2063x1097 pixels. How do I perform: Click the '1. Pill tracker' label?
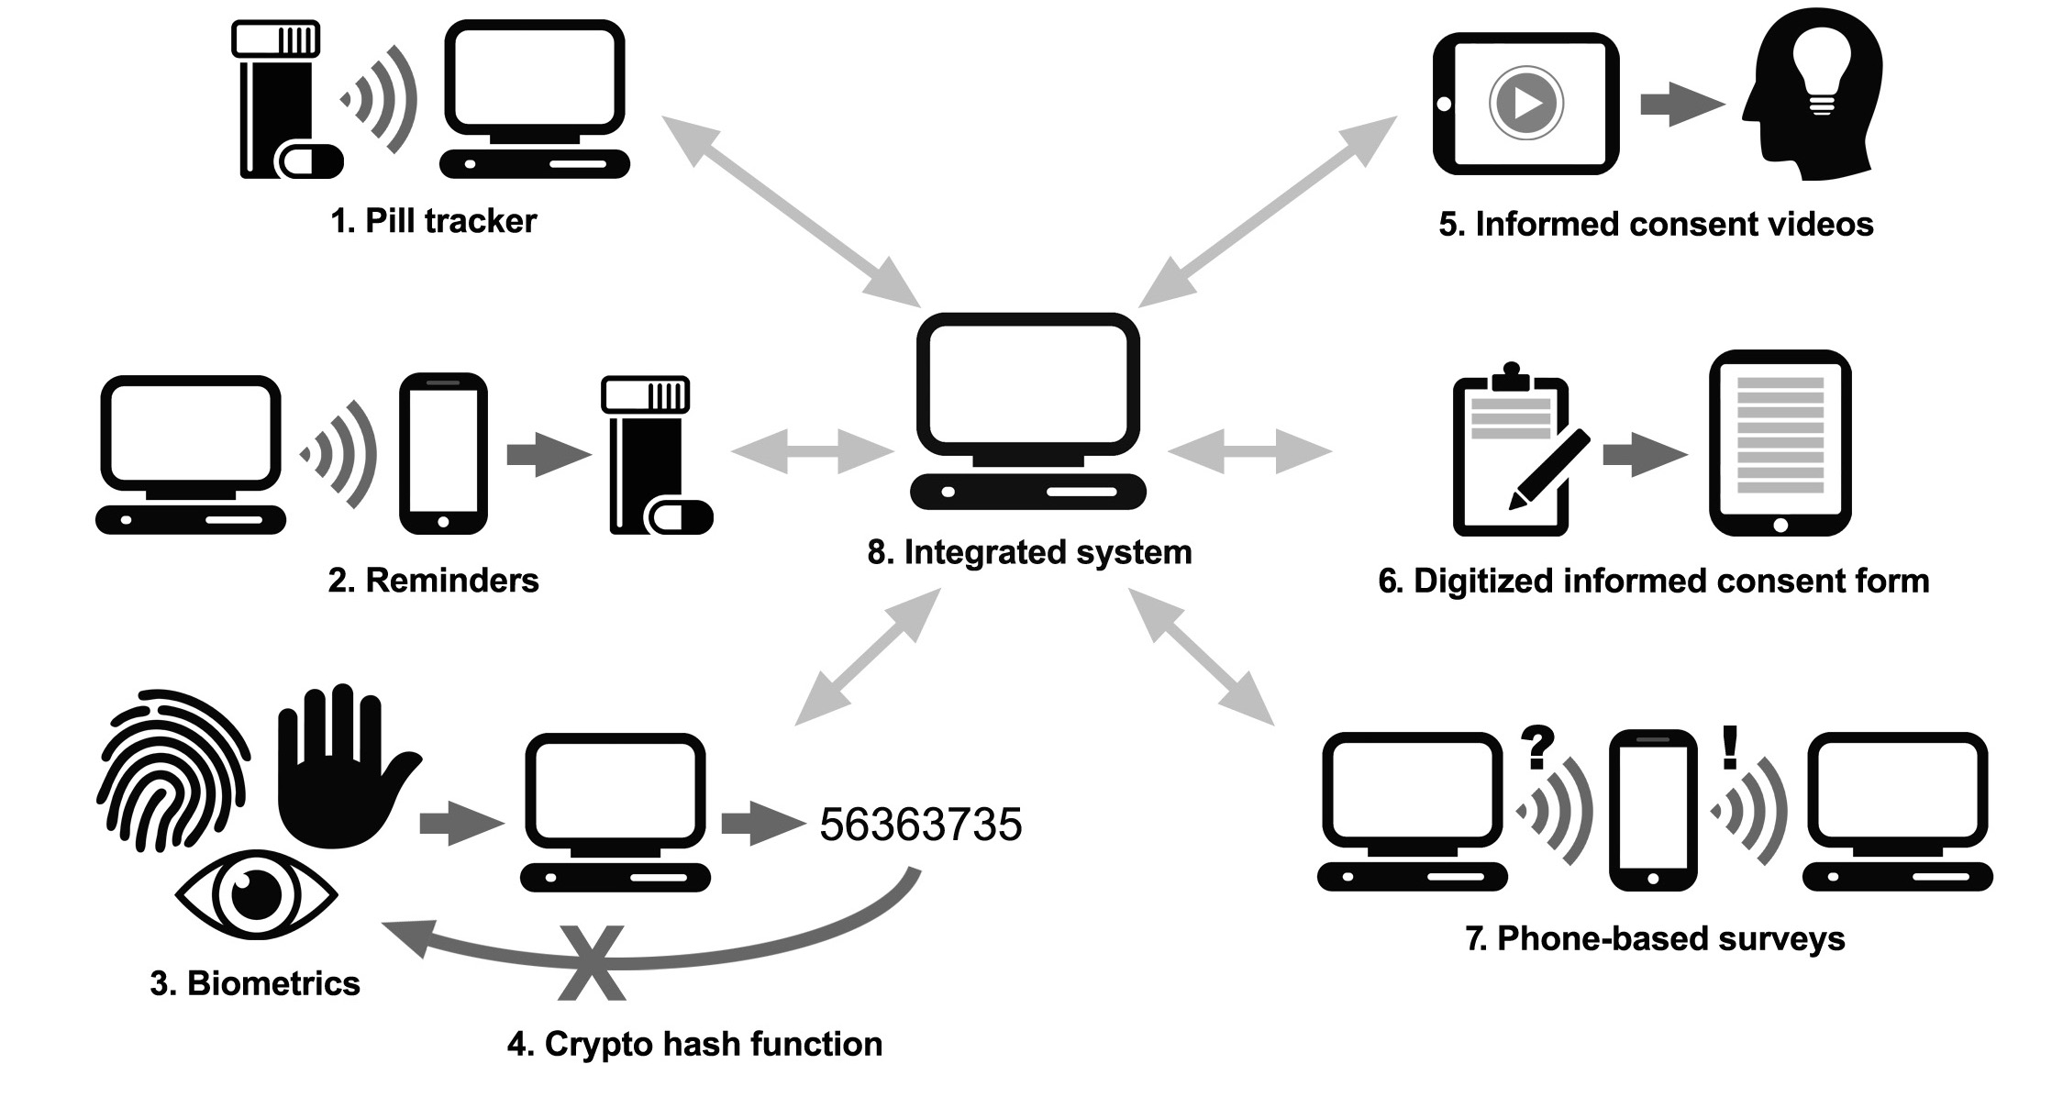click(433, 221)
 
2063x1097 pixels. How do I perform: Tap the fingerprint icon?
click(172, 769)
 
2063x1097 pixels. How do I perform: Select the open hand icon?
click(344, 767)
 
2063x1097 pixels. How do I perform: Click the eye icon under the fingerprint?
click(257, 894)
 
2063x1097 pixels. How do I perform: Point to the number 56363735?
click(920, 824)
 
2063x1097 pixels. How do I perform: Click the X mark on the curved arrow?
click(592, 962)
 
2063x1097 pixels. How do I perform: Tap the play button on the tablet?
click(1525, 103)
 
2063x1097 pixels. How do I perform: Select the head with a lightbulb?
click(1812, 96)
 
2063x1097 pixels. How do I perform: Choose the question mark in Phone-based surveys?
click(1538, 748)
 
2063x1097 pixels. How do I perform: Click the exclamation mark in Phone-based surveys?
click(1730, 748)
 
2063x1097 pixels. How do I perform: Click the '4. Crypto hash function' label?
click(694, 1044)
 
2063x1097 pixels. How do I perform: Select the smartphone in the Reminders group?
click(443, 453)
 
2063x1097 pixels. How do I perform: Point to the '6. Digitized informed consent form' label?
click(1654, 581)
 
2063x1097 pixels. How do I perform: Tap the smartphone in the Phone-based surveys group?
click(1653, 810)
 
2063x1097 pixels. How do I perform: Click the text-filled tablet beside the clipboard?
click(1780, 443)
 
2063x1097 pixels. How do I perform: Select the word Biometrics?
click(273, 983)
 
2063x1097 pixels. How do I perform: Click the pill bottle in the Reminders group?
click(653, 454)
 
